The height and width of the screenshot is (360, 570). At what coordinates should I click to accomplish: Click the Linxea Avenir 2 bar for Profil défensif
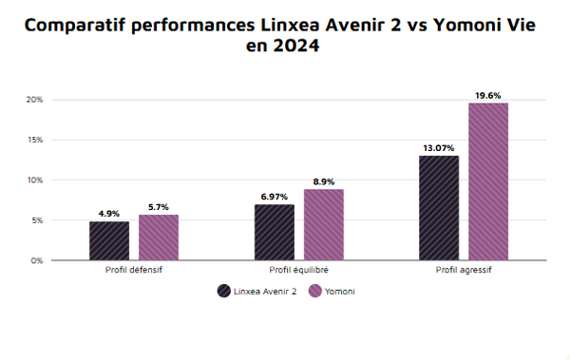pos(109,240)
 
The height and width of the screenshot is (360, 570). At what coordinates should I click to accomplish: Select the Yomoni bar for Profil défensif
pos(158,237)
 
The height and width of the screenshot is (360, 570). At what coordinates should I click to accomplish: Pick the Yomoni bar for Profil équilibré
pos(323,224)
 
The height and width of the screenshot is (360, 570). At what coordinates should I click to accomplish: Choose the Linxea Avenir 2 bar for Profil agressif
pos(439,207)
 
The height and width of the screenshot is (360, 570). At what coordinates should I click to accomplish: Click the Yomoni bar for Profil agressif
pos(488,180)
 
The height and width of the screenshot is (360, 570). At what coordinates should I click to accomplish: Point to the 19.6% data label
pos(488,96)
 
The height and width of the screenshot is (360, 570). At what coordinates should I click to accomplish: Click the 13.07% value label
pos(439,148)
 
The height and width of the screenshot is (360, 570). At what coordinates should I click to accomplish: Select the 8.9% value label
pos(323,181)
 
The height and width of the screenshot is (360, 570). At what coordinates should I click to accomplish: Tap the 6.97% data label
pos(275,197)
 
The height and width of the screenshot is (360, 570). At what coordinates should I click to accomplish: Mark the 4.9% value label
pos(109,214)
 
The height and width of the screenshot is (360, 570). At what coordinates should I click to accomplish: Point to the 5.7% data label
pos(158,207)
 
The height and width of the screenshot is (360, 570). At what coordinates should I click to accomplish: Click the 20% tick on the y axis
pos(34,100)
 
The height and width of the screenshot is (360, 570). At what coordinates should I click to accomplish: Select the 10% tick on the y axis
pos(34,180)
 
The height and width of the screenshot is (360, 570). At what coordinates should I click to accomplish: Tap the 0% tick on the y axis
pos(36,260)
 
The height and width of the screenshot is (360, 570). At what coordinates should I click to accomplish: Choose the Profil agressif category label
pos(464,271)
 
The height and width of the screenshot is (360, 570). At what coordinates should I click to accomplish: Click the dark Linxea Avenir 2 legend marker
pos(224,292)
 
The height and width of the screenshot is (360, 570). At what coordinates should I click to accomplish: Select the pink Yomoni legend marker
pos(315,292)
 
